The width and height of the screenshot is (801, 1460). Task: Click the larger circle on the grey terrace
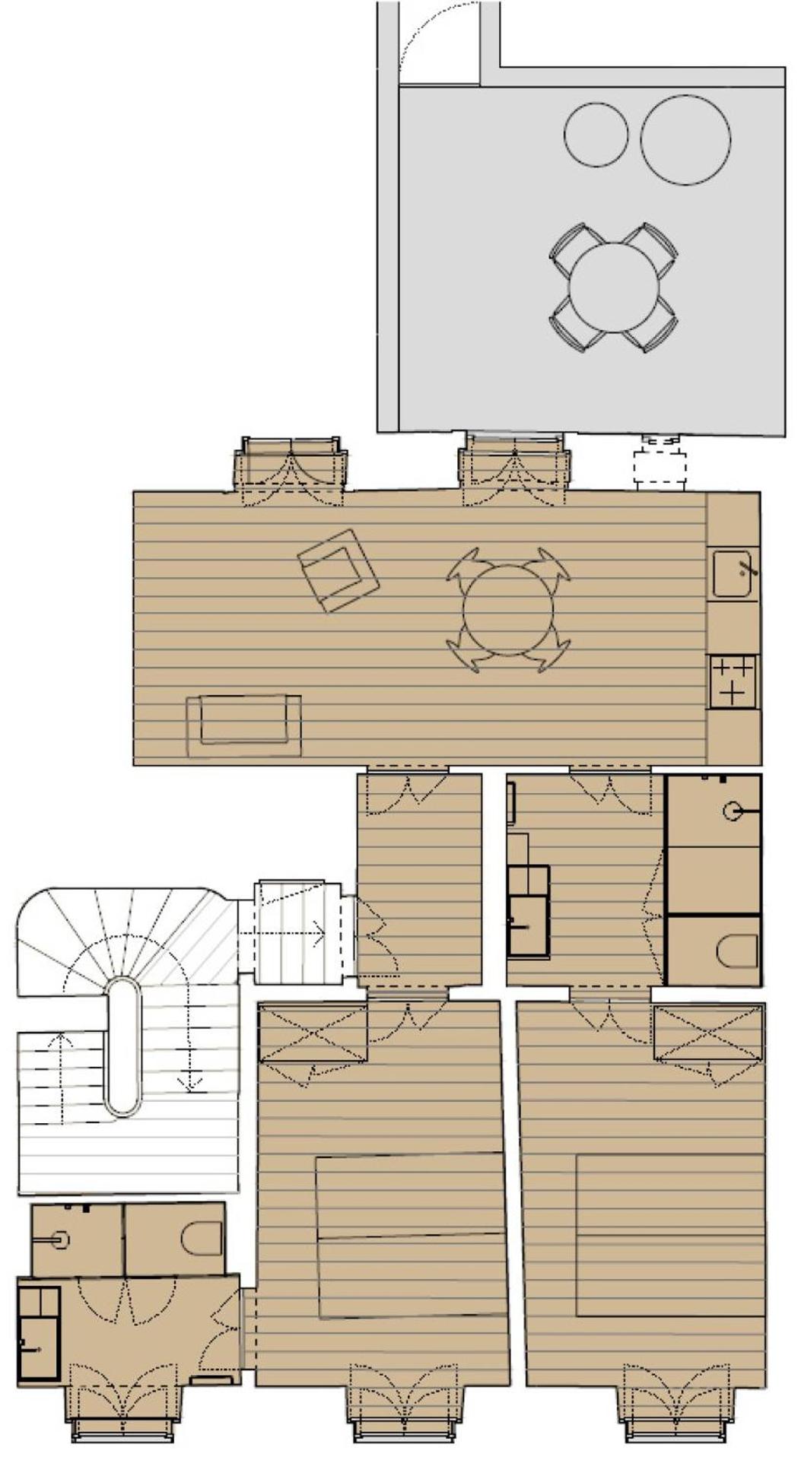click(x=685, y=139)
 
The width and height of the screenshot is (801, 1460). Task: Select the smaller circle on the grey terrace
click(x=596, y=135)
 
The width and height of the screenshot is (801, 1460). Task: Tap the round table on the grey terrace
click(x=614, y=287)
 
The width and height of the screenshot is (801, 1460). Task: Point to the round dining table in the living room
click(x=508, y=610)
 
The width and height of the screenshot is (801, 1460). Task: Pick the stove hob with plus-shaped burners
click(x=733, y=681)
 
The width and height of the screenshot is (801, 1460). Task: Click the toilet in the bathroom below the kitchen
click(x=737, y=951)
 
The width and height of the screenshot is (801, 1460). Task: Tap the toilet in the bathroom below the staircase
click(x=202, y=1239)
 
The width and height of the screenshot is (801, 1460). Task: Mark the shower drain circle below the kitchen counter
click(x=733, y=811)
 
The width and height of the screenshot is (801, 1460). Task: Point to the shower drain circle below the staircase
click(x=61, y=1240)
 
